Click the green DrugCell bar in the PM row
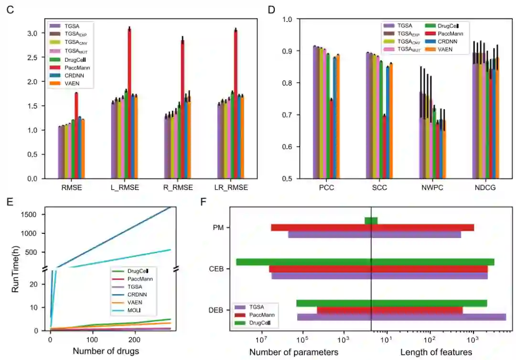371,220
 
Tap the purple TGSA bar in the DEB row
401,317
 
